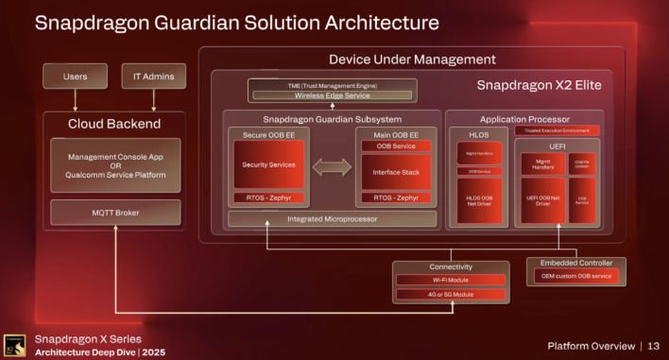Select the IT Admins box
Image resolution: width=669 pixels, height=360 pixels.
click(x=153, y=76)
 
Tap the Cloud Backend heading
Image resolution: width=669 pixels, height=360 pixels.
click(x=114, y=123)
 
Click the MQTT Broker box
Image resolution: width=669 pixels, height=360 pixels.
click(x=114, y=213)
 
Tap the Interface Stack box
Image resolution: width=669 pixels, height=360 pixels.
click(x=396, y=172)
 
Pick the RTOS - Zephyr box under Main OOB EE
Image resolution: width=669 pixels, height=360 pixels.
click(x=396, y=198)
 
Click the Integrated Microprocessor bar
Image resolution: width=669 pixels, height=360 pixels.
click(x=333, y=218)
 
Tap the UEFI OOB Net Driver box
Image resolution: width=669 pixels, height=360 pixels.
click(x=541, y=200)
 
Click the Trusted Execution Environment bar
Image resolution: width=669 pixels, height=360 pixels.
click(x=564, y=130)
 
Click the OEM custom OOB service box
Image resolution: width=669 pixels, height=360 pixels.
click(x=575, y=276)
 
